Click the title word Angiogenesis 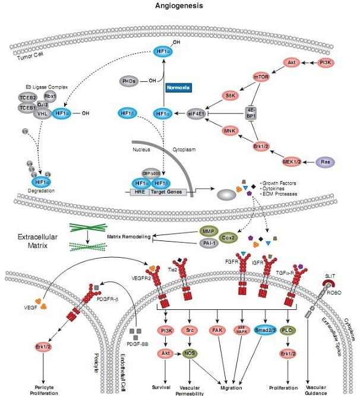pyautogui.click(x=179, y=6)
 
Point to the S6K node pyautogui.click(x=231, y=94)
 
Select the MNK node pyautogui.click(x=230, y=131)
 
